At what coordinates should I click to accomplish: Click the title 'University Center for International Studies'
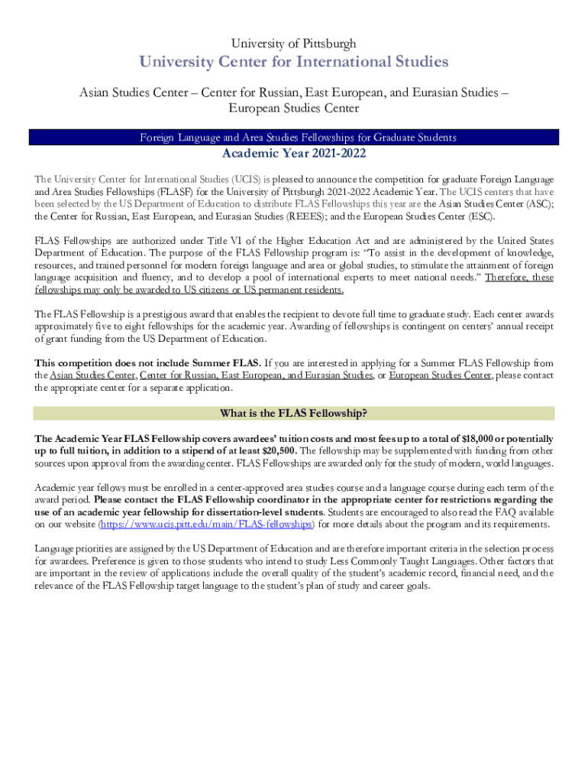point(293,61)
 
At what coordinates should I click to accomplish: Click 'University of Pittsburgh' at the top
point(293,44)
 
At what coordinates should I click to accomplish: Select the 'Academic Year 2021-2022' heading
point(293,154)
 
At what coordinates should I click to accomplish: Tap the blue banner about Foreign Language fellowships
point(293,138)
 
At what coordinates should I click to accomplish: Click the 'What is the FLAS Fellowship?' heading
point(293,414)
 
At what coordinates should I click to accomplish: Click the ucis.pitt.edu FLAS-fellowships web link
point(206,525)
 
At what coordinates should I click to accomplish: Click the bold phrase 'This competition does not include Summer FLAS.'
point(148,362)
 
